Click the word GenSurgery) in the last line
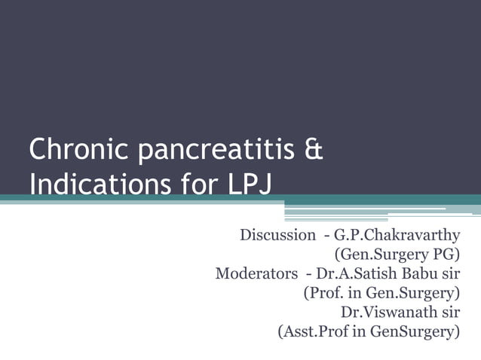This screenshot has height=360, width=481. [x=412, y=331]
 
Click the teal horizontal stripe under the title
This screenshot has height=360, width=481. [x=151, y=199]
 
